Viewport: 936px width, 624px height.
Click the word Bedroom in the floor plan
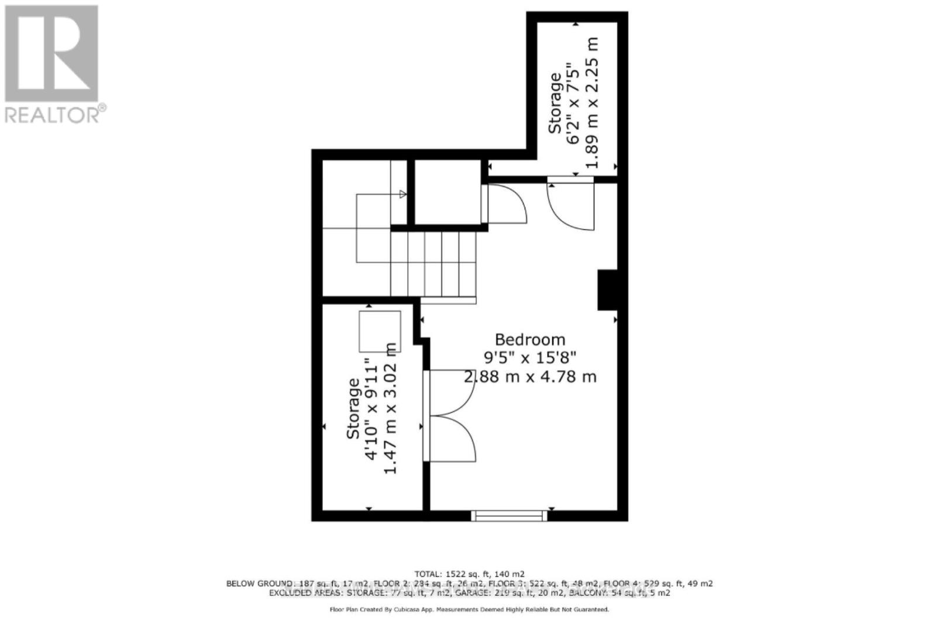point(530,340)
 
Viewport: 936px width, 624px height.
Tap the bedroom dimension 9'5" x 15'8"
point(530,357)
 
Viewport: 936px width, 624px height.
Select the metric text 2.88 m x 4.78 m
point(530,377)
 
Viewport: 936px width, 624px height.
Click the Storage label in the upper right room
point(555,103)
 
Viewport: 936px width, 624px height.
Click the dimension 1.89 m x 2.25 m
point(592,103)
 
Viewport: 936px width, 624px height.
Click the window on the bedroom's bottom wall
point(509,515)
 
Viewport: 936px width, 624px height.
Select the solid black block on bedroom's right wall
point(607,289)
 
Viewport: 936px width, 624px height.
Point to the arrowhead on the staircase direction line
point(402,194)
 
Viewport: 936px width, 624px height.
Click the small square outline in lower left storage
point(380,331)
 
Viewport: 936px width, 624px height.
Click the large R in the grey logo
point(51,54)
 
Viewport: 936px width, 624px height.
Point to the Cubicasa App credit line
point(469,609)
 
